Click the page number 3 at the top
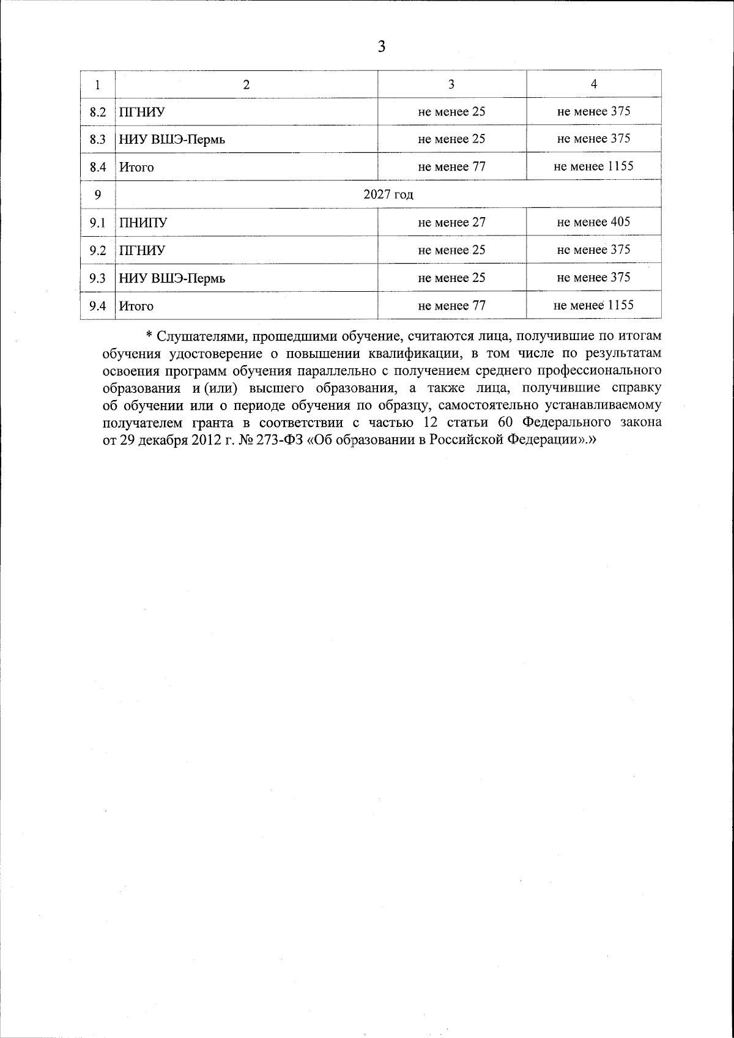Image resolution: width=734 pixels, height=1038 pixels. coord(382,46)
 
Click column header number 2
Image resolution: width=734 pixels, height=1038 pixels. coord(246,84)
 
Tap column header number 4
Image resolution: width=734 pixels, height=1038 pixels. coord(593,84)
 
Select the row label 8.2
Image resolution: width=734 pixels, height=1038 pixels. coord(98,112)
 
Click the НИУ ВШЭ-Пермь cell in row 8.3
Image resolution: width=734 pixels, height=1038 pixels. coord(172,139)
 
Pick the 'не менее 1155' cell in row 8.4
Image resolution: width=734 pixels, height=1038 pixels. coord(593,166)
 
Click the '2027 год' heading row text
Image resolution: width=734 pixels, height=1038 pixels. coord(388,195)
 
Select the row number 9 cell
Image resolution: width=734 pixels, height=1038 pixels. coord(98,195)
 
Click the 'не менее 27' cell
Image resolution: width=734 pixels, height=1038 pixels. coord(451,222)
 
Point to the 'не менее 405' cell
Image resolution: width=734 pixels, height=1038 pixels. coord(593,221)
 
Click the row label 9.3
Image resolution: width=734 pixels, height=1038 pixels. coord(98,278)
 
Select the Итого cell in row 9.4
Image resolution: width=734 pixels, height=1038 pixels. coord(136,306)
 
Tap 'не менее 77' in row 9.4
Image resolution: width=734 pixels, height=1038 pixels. coord(451,305)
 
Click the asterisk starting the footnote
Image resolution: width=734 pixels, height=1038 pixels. coord(149,335)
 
